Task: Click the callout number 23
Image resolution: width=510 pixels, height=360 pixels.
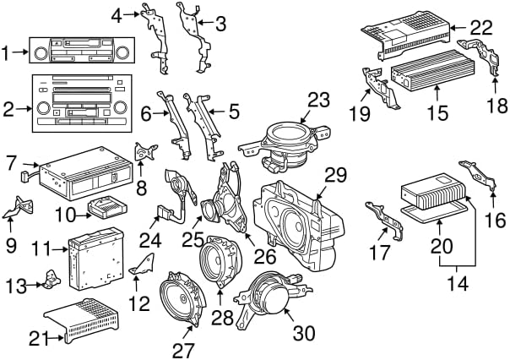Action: click(x=318, y=100)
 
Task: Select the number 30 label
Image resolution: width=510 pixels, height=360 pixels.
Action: click(x=304, y=333)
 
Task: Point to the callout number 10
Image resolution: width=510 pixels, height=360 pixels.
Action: click(x=65, y=215)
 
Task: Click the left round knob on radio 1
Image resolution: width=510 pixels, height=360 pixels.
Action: click(x=41, y=53)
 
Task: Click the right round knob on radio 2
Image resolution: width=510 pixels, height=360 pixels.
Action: click(x=120, y=107)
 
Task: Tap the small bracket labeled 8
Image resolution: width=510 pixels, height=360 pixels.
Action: click(x=145, y=151)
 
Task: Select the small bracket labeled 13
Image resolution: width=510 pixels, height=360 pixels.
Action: click(x=52, y=279)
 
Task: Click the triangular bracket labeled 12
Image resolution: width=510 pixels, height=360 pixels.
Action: click(x=143, y=265)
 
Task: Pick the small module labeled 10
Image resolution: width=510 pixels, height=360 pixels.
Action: click(x=107, y=206)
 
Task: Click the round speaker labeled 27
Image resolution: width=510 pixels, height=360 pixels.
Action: click(x=183, y=299)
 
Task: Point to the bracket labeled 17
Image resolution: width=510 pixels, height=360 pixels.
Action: click(x=385, y=221)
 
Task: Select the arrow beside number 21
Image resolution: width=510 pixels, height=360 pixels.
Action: click(x=56, y=338)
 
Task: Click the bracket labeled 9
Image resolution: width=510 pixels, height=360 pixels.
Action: click(x=19, y=208)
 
